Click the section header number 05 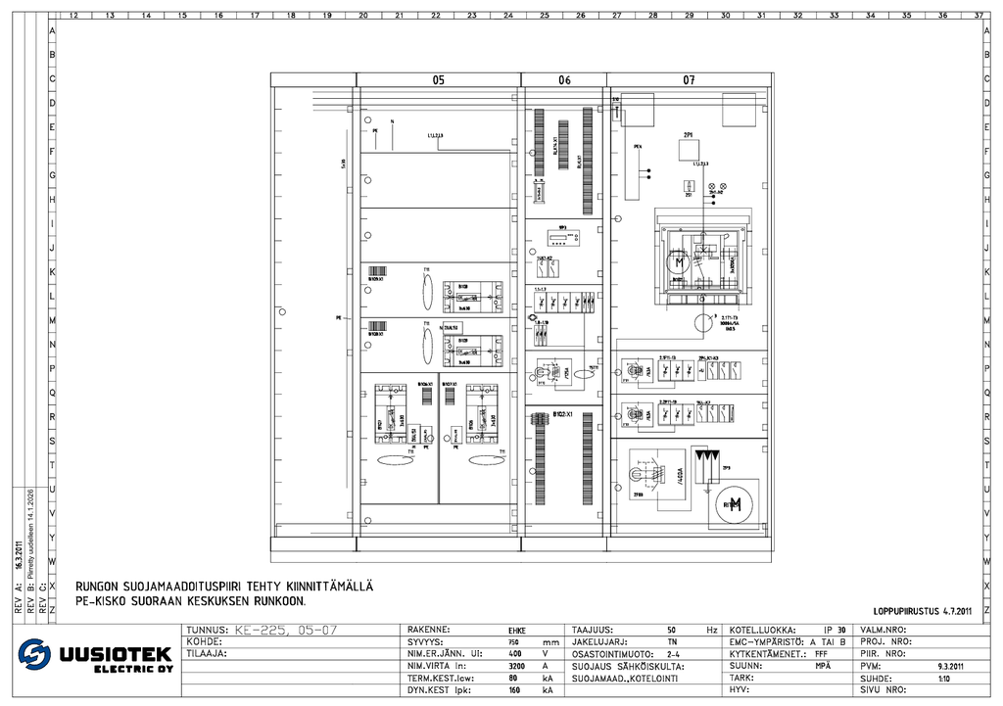pos(439,80)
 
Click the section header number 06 pos(564,80)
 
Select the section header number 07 pos(689,80)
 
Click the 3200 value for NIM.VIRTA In pos(516,666)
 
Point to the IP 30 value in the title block pos(835,630)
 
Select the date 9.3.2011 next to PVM pos(951,666)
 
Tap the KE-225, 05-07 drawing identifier pos(283,630)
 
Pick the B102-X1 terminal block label pos(562,414)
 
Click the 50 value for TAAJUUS pos(672,630)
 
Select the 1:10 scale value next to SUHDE pos(943,678)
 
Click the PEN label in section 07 pos(638,146)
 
